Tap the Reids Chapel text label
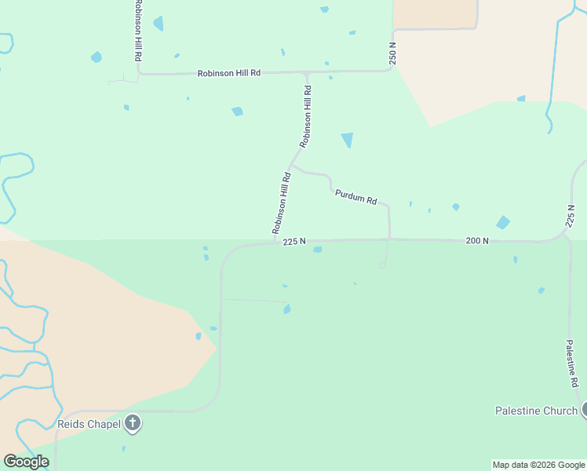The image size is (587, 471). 89,424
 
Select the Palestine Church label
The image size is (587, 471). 536,411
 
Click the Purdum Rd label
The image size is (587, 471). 355,196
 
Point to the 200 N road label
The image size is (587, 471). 477,240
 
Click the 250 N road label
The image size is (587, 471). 393,53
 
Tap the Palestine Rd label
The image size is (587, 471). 572,363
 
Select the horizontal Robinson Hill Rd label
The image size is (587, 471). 228,73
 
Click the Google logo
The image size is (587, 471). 26,462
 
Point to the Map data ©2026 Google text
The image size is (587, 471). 538,465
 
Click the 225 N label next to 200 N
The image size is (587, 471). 293,242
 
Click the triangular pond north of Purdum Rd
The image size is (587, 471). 347,140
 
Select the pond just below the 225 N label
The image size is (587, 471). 317,250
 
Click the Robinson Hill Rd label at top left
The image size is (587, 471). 138,31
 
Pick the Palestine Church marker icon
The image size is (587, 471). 585,410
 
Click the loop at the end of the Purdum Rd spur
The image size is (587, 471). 382,266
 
